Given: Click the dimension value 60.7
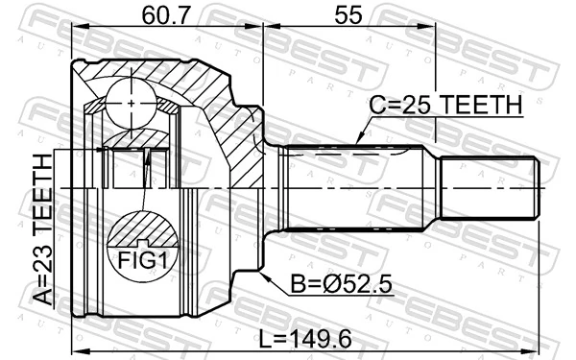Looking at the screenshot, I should [157, 14].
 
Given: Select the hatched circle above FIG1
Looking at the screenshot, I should [143, 233].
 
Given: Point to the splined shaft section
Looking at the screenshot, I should [355, 184].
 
